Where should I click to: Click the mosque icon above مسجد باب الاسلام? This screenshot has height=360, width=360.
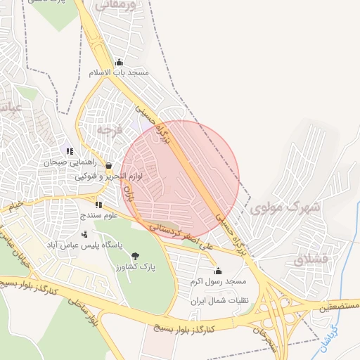[x=119, y=62]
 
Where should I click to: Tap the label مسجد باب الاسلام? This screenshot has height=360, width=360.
[x=119, y=72]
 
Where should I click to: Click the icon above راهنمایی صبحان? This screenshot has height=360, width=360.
[x=69, y=150]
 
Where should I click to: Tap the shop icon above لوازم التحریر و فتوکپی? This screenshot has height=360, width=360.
[x=108, y=166]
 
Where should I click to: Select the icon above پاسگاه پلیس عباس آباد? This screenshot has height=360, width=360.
[x=85, y=235]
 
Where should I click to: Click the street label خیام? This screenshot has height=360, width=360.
[x=15, y=206]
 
